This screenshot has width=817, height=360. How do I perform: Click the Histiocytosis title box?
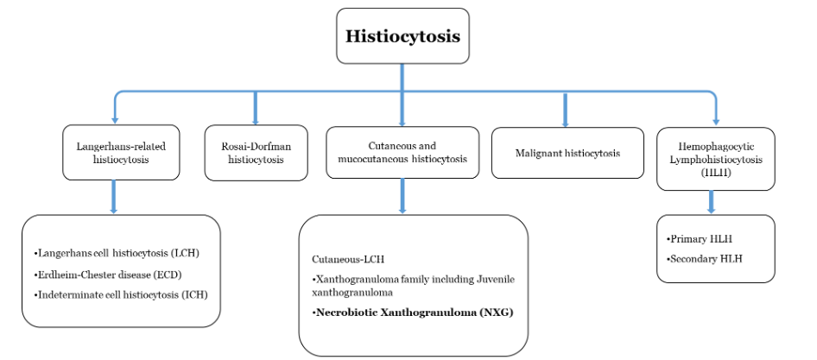coord(402,35)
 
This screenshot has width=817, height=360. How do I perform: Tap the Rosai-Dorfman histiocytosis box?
coord(256,153)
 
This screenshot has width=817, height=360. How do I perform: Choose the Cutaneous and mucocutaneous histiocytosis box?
coord(401,153)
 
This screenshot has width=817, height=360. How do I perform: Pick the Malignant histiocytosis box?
coord(566,154)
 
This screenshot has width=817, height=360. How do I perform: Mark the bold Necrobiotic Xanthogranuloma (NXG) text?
coord(414,312)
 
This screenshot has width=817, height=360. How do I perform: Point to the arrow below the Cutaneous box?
coord(402,197)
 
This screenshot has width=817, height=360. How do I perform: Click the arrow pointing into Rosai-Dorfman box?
coord(256,108)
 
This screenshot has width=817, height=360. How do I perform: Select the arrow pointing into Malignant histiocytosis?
coord(566,109)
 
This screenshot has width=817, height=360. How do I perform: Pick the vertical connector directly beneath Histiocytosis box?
coord(402,76)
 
